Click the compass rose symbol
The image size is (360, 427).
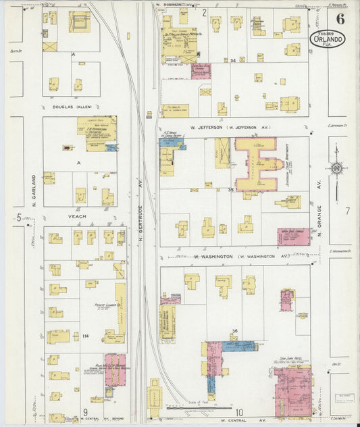pyautogui.click(x=336, y=169)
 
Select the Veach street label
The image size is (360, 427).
pyautogui.click(x=77, y=217)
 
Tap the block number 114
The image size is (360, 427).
pyautogui.click(x=86, y=336)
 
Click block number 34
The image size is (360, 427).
pyautogui.click(x=232, y=61)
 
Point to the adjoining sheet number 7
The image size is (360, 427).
pyautogui.click(x=348, y=211)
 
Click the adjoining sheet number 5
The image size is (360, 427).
pyautogui.click(x=19, y=217)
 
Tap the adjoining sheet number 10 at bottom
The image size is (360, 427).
pyautogui.click(x=239, y=411)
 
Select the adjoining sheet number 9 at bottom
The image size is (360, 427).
pyautogui.click(x=86, y=411)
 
